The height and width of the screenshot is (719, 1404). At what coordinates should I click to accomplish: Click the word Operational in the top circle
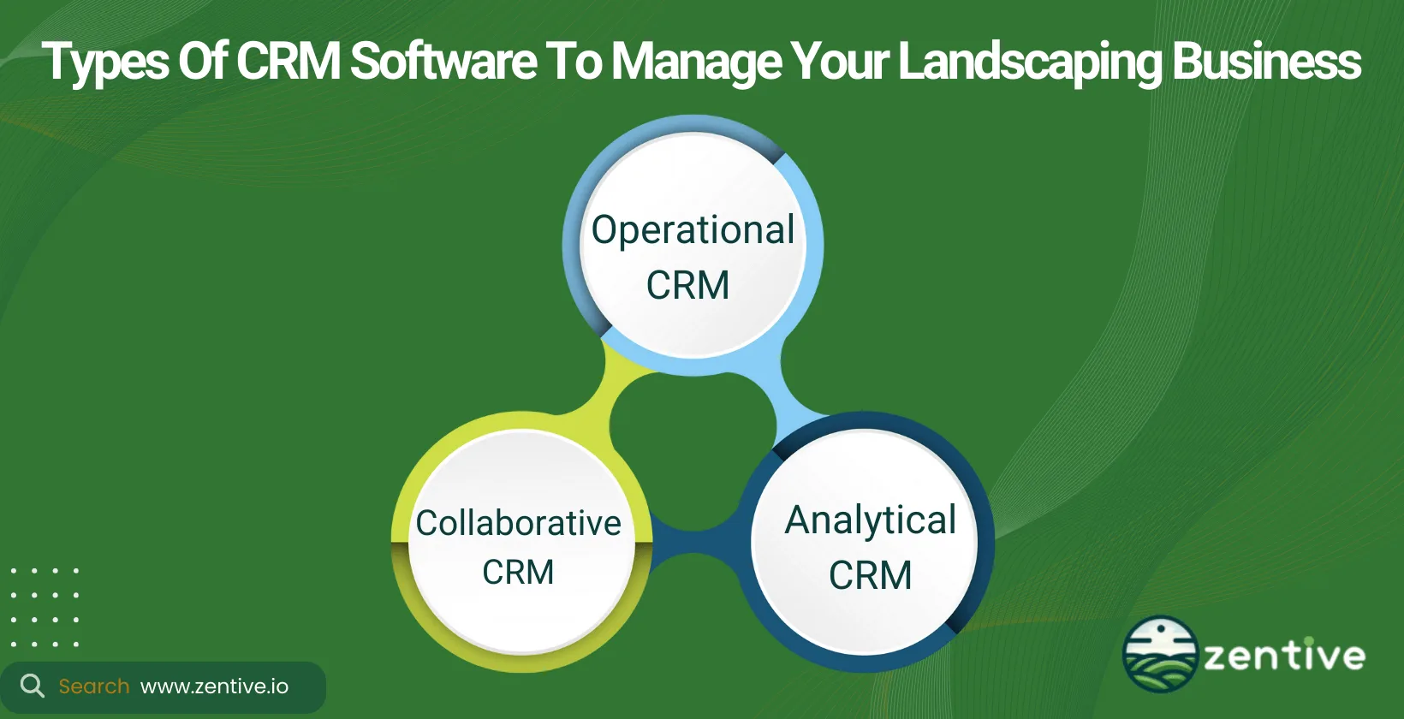(x=693, y=230)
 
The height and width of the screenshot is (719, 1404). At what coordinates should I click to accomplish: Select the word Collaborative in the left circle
(x=518, y=523)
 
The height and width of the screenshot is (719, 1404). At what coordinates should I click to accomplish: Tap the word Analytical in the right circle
(x=871, y=520)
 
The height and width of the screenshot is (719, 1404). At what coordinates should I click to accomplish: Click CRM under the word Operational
(x=687, y=285)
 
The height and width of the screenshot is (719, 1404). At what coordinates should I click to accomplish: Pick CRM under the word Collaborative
(x=518, y=572)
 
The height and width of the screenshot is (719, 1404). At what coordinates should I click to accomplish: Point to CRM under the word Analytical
(x=870, y=575)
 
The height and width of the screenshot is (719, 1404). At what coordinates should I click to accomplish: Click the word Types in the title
(x=105, y=62)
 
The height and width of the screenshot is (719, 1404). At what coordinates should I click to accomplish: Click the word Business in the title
(x=1266, y=62)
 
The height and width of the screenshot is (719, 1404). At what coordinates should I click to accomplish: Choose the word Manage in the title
(x=695, y=62)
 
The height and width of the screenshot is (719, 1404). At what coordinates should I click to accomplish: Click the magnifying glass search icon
(x=32, y=686)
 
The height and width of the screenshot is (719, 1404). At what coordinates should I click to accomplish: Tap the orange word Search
(x=94, y=686)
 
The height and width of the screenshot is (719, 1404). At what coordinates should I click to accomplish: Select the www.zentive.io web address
(x=214, y=686)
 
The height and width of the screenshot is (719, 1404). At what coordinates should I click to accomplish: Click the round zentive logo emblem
(x=1160, y=654)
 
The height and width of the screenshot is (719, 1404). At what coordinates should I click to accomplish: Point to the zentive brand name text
(x=1284, y=657)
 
